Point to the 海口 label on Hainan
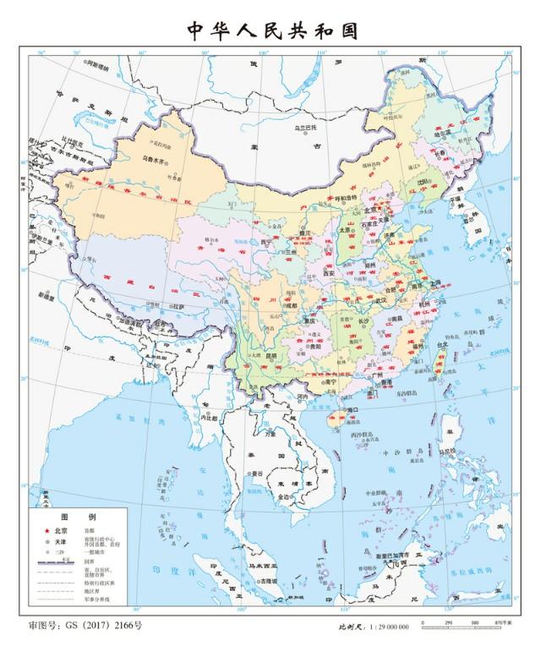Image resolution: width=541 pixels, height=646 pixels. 342,410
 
